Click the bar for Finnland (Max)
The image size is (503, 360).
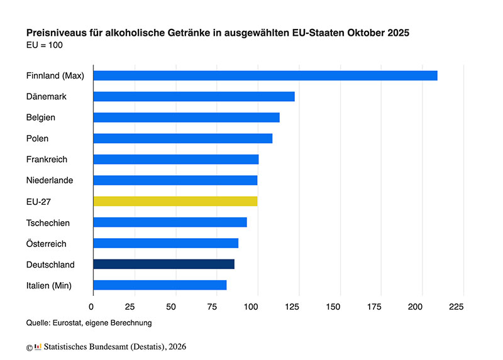coord(265,75)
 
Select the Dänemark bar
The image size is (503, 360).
coord(194,97)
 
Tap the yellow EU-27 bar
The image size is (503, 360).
coord(175,201)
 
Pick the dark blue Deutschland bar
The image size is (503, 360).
coord(163,264)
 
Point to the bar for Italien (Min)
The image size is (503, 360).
coord(160,285)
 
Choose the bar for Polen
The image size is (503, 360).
coord(182,138)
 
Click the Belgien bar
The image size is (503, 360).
coord(186,117)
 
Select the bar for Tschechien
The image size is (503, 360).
coord(170,222)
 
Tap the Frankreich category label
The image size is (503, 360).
coord(47,160)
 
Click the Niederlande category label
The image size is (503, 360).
coord(50,180)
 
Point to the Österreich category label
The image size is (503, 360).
coord(46,244)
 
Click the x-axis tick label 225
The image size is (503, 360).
coord(456,307)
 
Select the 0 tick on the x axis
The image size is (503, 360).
coord(93,307)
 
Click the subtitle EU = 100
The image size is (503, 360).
coord(44,45)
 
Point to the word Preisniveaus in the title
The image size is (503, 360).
coord(54,33)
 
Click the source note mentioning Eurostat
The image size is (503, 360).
coord(89,323)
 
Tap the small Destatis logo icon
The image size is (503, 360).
coord(38,346)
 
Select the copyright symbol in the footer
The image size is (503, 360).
coord(29,347)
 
